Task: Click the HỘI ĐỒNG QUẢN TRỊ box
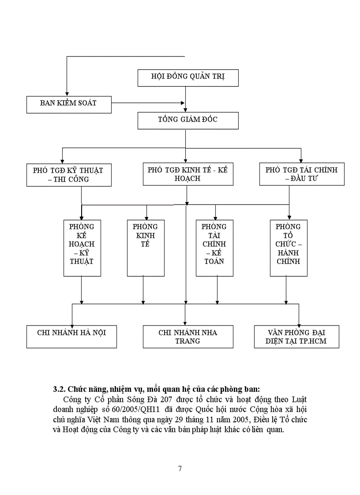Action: click(x=188, y=77)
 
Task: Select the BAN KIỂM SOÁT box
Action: click(x=69, y=104)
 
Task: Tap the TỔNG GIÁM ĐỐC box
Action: click(x=188, y=120)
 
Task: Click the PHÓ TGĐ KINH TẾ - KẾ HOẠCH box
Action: click(x=187, y=174)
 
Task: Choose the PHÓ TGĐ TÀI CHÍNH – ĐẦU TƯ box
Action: click(x=302, y=175)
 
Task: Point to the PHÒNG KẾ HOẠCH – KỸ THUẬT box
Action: click(x=82, y=248)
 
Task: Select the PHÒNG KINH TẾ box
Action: click(x=146, y=248)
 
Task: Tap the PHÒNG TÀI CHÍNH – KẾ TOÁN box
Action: click(x=214, y=248)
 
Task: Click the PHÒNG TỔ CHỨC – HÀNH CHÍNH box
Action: click(x=289, y=248)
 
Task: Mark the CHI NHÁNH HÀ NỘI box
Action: click(x=71, y=337)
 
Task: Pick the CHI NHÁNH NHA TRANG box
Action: click(x=188, y=337)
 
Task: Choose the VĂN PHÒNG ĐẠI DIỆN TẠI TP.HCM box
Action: click(x=297, y=337)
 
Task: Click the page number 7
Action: click(x=180, y=469)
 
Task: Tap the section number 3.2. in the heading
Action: click(x=59, y=390)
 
